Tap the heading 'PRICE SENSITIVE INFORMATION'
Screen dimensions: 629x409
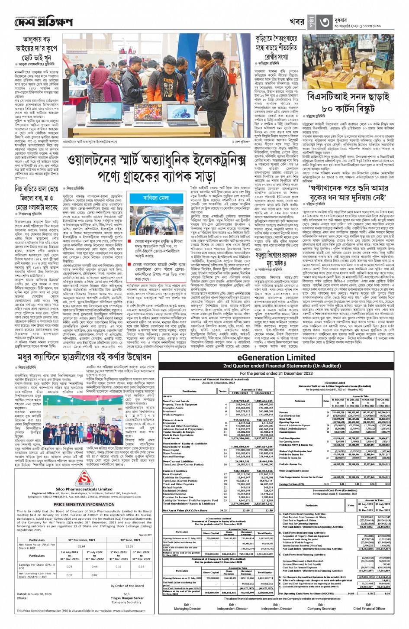pos(84,504)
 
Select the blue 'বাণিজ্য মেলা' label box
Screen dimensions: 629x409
pos(156,198)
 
